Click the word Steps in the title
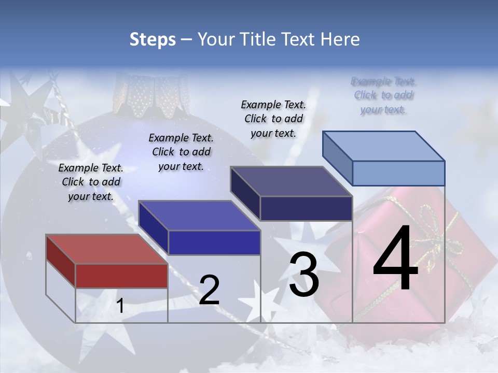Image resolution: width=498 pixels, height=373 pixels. (153, 39)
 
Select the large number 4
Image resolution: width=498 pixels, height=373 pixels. (396, 260)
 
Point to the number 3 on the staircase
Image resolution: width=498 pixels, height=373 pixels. (304, 275)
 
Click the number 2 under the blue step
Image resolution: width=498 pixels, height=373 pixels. (209, 290)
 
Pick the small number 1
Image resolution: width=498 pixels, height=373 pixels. (120, 306)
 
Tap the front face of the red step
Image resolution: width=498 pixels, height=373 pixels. (121, 276)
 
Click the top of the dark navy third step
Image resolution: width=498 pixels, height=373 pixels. (291, 181)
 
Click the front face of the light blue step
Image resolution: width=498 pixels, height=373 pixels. (398, 173)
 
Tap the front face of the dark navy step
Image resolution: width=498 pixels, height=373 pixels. (306, 208)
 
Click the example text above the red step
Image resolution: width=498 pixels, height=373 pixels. (91, 182)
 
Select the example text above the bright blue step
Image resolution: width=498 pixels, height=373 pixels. (181, 152)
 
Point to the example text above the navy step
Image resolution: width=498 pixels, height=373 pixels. (273, 119)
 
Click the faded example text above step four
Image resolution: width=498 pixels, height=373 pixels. (383, 95)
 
